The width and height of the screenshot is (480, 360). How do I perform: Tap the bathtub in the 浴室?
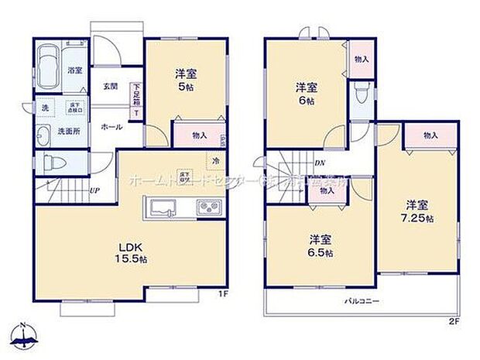pyautogui.click(x=48, y=63)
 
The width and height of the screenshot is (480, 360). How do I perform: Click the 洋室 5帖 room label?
pyautogui.click(x=185, y=80)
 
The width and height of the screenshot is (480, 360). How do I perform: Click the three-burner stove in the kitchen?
pyautogui.click(x=208, y=207)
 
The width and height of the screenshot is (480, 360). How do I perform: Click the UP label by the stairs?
pyautogui.click(x=93, y=190)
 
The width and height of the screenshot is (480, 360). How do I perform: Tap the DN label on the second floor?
pyautogui.click(x=319, y=163)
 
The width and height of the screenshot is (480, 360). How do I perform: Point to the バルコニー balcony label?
pyautogui.click(x=362, y=300)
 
